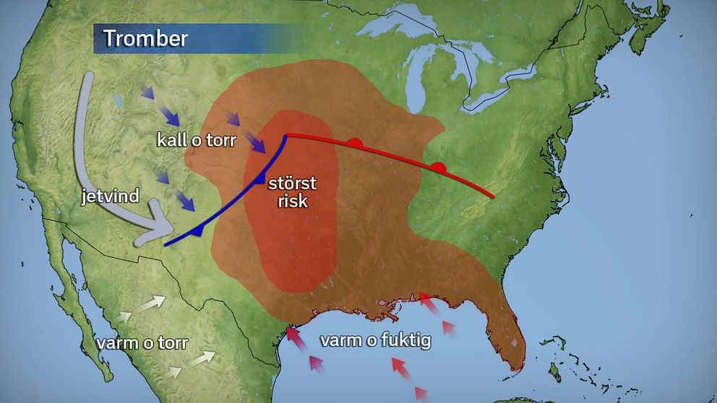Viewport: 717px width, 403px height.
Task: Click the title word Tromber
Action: point(145,39)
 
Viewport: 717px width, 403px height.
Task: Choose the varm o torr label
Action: point(142,342)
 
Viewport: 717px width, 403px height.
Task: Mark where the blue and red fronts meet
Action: point(286,136)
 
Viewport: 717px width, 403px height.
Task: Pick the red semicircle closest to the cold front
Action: point(354,143)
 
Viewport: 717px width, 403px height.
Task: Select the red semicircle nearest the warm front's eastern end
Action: point(438,168)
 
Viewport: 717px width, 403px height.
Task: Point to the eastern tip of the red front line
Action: point(494,196)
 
